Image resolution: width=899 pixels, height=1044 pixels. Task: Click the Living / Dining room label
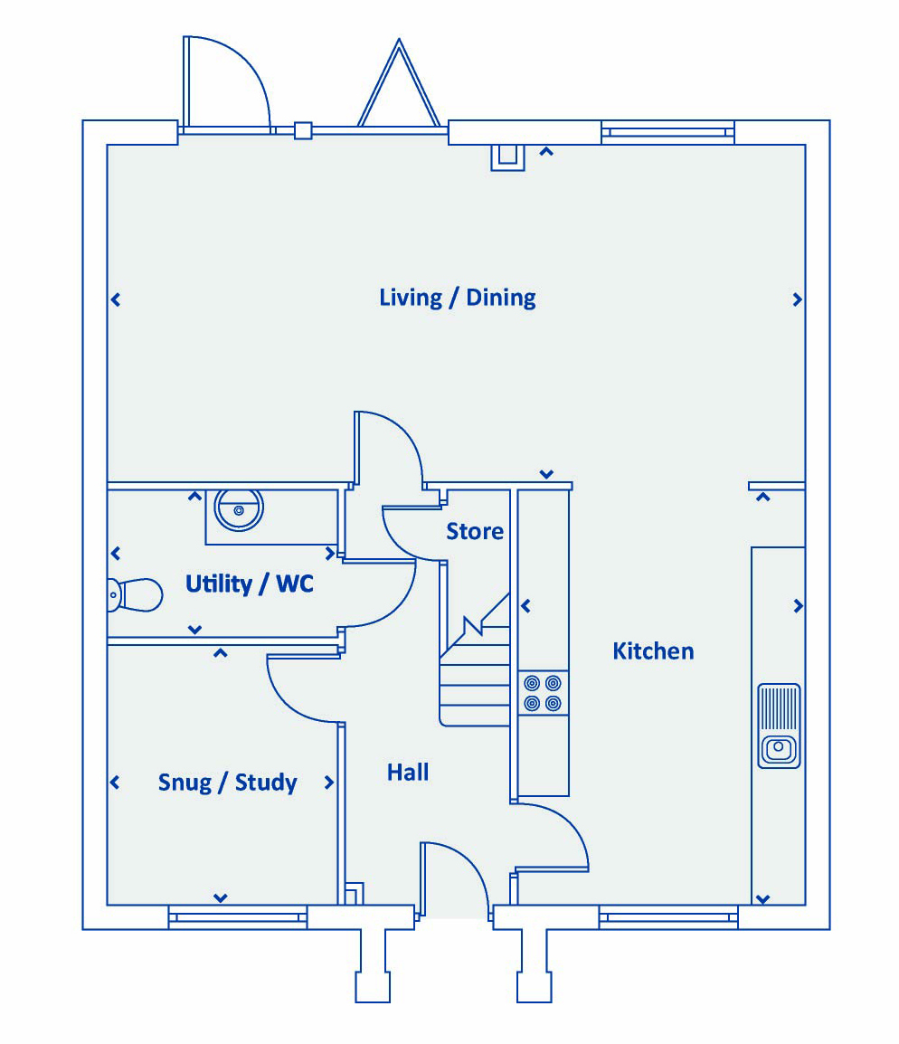(x=457, y=298)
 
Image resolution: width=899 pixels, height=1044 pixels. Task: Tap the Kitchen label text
(x=653, y=650)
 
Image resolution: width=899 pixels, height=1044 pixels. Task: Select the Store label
(x=475, y=531)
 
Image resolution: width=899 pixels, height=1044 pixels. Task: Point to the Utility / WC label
(x=249, y=584)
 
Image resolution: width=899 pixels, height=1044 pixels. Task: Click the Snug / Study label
(x=227, y=782)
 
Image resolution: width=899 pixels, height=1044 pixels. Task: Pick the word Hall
(x=408, y=772)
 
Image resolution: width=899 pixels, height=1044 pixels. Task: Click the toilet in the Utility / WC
(x=135, y=594)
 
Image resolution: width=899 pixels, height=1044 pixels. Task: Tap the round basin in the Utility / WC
(x=239, y=509)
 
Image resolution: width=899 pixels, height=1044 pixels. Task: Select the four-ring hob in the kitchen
(x=543, y=693)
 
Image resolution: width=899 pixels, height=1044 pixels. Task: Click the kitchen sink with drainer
(x=779, y=726)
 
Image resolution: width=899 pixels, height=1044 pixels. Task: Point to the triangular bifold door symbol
(x=399, y=83)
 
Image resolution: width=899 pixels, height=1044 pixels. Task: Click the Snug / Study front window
(x=238, y=916)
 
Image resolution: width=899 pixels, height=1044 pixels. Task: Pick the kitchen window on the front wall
(x=668, y=916)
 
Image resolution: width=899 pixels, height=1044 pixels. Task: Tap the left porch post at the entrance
(x=373, y=965)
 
